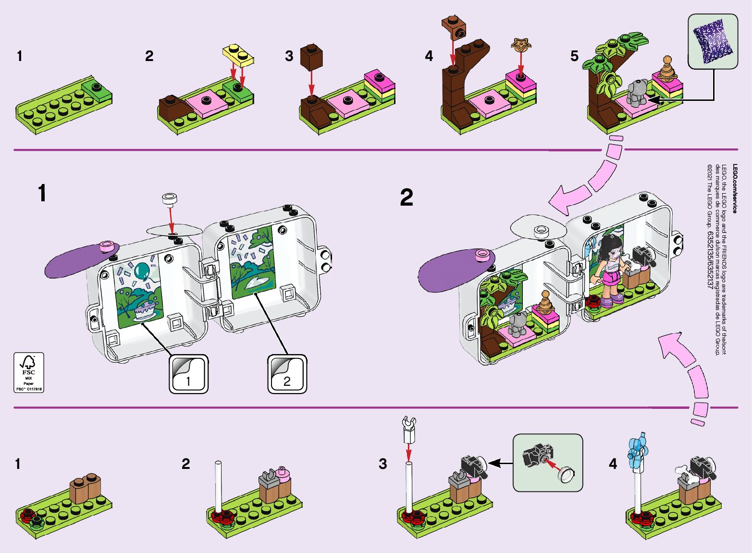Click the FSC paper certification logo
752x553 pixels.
coord(29,372)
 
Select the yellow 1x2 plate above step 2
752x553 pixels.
coord(238,55)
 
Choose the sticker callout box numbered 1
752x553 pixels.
coord(188,374)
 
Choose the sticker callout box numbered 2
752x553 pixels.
coord(287,374)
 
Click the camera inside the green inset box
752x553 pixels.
coord(537,454)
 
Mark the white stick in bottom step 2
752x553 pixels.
coord(218,486)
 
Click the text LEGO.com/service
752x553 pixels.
coord(735,188)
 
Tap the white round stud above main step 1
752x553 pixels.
coord(170,199)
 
